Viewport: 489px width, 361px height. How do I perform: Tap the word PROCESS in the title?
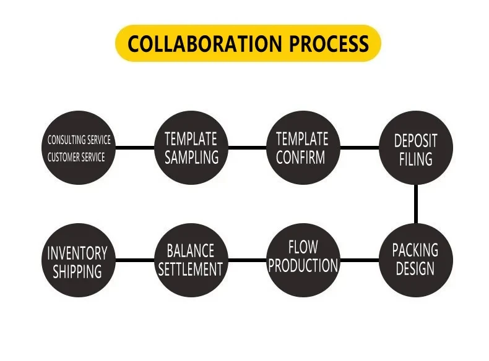pos(329,44)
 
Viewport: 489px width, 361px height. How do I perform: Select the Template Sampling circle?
pos(191,148)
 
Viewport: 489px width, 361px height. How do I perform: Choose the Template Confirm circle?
pos(303,148)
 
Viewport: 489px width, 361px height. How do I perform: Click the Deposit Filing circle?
pos(415,148)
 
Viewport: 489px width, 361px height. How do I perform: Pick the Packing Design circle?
pos(415,260)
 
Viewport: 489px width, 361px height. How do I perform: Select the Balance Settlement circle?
pos(191,260)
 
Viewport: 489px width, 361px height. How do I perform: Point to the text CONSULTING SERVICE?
pos(79,140)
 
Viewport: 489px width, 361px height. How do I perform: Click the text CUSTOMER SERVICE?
pos(76,157)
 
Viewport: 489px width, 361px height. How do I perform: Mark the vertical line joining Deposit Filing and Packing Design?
pos(415,204)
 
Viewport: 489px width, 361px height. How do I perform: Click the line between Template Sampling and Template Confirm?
pos(247,148)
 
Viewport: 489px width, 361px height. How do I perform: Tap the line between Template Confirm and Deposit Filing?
pos(359,148)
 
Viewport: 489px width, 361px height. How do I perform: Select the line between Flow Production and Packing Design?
pos(359,260)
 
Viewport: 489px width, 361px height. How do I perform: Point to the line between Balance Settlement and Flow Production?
pos(247,260)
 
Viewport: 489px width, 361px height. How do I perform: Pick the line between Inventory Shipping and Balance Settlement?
pos(134,260)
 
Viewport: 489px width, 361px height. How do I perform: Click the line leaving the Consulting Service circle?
pos(134,148)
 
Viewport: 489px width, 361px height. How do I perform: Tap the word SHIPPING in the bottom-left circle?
pos(77,271)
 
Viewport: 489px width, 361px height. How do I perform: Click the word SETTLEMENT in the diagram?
pos(191,270)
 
